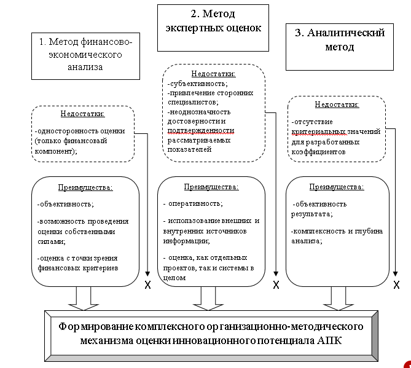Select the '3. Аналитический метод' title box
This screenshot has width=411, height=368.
(340, 39)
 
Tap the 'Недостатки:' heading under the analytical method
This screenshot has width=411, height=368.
(336, 104)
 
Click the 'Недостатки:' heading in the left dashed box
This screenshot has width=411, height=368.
(82, 114)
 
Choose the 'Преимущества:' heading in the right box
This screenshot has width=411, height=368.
(336, 187)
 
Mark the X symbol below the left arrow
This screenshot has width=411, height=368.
(147, 284)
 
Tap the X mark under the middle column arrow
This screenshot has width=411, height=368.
(276, 284)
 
